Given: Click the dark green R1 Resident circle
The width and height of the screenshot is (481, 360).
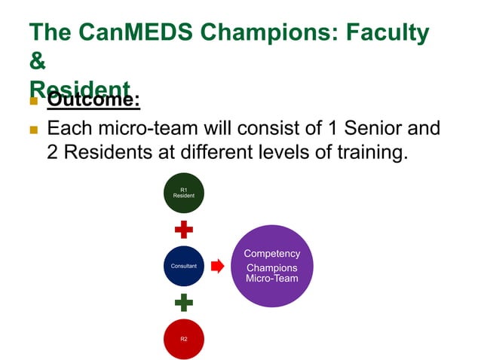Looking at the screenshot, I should tap(183, 193).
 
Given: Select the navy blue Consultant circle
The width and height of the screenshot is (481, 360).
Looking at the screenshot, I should tap(183, 266).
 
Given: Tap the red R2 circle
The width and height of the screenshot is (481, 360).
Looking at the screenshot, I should tap(183, 339).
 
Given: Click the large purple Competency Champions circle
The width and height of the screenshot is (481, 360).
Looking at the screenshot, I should tap(272, 266).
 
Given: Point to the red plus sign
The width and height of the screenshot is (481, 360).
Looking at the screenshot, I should tap(183, 229).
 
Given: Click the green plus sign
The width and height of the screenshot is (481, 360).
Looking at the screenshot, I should tap(183, 303).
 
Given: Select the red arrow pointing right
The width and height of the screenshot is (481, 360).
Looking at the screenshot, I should tap(217, 266).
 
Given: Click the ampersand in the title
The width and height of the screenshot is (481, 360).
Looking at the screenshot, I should tap(37, 64).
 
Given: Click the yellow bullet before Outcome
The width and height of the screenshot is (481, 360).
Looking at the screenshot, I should tap(33, 100).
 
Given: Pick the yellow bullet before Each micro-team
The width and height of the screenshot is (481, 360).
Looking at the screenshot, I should tap(33, 130).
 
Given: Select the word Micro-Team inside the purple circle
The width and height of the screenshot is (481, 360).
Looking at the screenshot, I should tap(272, 279).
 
